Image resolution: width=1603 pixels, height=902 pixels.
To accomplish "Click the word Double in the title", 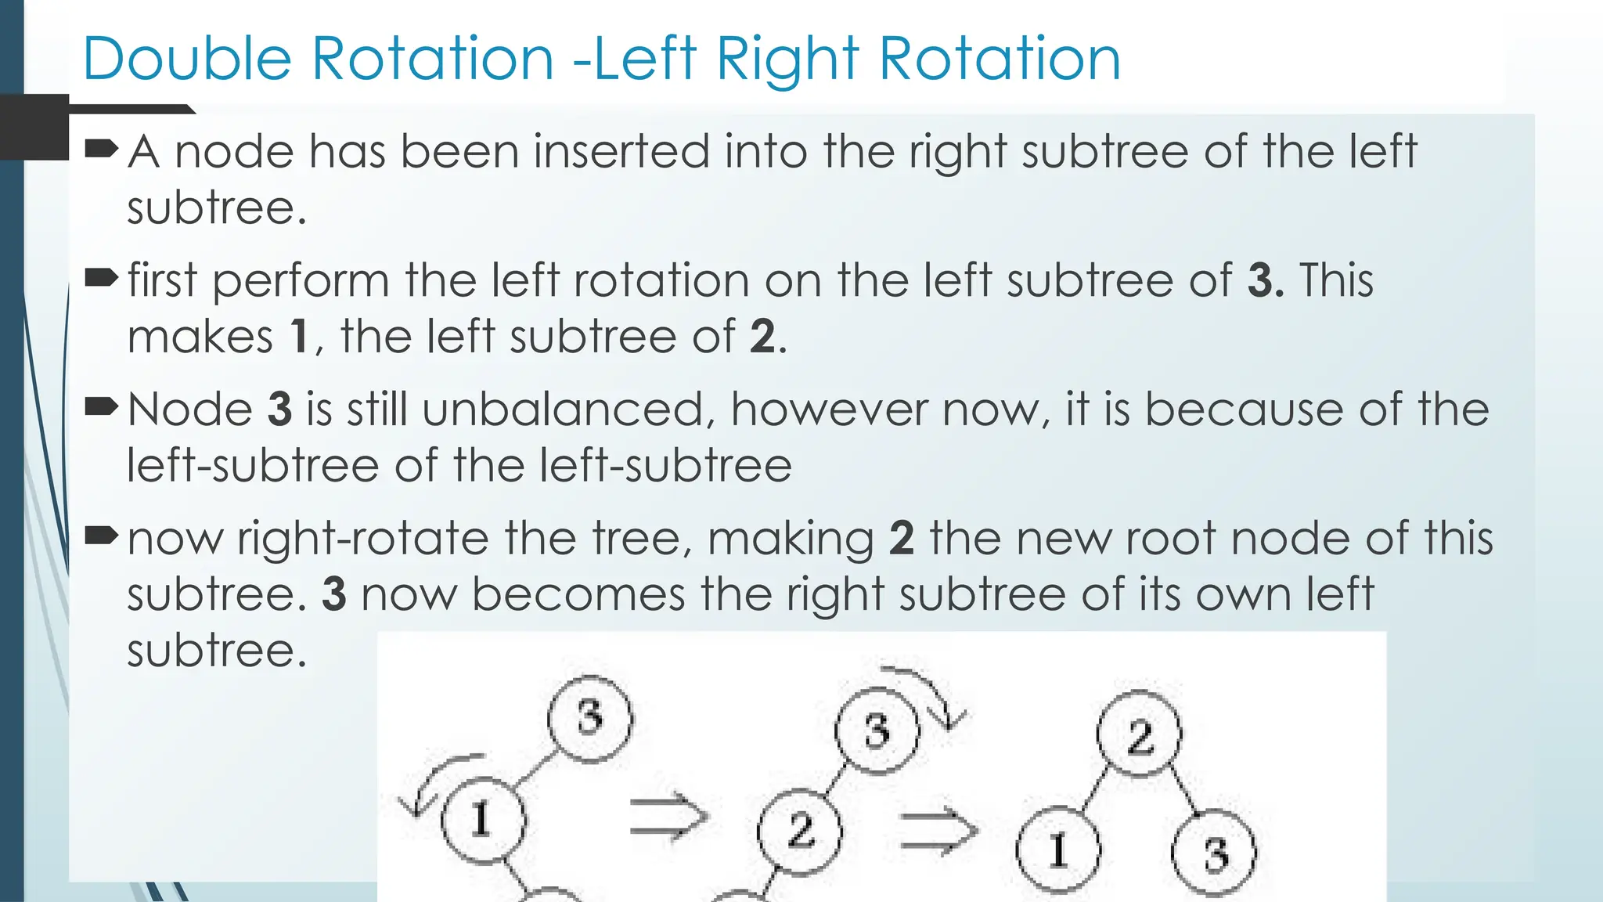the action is click(x=186, y=60).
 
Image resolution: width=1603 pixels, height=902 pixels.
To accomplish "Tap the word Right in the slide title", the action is click(x=788, y=60).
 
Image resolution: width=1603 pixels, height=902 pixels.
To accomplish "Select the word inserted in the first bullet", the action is click(x=621, y=151).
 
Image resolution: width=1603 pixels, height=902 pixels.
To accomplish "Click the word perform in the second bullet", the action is click(x=301, y=280).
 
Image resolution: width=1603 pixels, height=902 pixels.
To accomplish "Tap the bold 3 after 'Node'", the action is click(x=279, y=410).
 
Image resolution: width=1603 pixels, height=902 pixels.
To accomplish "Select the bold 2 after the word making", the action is click(x=902, y=539).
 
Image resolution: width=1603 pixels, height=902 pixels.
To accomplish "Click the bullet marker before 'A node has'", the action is click(x=101, y=148).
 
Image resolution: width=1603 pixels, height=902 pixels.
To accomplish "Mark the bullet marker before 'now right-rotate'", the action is click(x=101, y=536).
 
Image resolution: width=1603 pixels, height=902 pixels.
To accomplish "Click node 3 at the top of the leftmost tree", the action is click(x=589, y=718).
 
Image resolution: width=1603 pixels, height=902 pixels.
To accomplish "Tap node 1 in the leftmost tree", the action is click(x=482, y=820).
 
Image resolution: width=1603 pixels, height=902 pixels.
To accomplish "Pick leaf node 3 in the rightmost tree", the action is click(x=1214, y=853).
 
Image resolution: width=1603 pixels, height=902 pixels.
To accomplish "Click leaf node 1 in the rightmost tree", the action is click(x=1058, y=850).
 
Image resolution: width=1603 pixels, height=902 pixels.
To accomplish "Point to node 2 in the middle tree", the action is click(x=800, y=830).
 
